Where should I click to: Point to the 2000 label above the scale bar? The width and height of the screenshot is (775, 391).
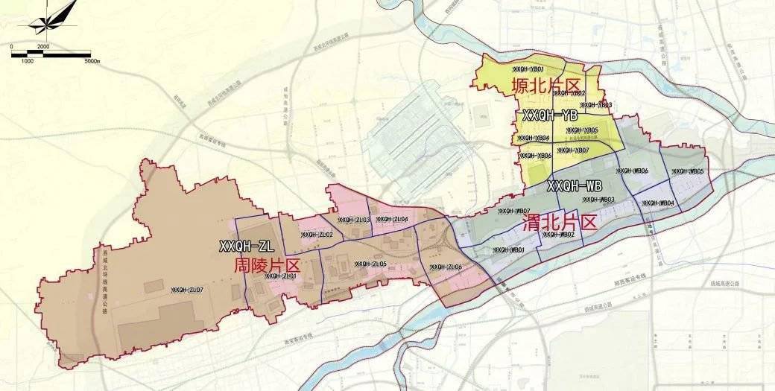coord(42,46)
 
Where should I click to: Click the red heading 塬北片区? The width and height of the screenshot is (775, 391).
coord(545,86)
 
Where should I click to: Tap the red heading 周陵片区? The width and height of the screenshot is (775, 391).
coord(266,265)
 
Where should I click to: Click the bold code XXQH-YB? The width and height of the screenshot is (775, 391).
coord(550,115)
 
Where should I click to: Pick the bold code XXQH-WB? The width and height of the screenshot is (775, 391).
coord(575,185)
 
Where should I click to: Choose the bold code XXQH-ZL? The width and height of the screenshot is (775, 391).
coord(247,245)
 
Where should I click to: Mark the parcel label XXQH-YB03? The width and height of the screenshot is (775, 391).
coord(596,105)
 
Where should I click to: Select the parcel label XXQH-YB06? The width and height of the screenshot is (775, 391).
coord(535,155)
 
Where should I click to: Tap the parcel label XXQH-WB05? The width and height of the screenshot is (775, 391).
coord(688,171)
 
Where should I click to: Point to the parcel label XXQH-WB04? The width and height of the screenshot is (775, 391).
coord(657,203)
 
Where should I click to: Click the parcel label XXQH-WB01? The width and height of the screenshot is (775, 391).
coord(509,249)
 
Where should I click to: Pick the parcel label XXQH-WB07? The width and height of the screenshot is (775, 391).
coord(514,212)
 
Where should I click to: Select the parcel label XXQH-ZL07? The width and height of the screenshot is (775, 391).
coord(187,289)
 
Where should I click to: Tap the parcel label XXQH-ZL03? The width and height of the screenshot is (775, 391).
coord(354,220)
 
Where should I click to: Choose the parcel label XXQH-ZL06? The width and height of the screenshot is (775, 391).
coord(446,267)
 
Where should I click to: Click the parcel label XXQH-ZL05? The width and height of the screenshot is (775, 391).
coord(370,264)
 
